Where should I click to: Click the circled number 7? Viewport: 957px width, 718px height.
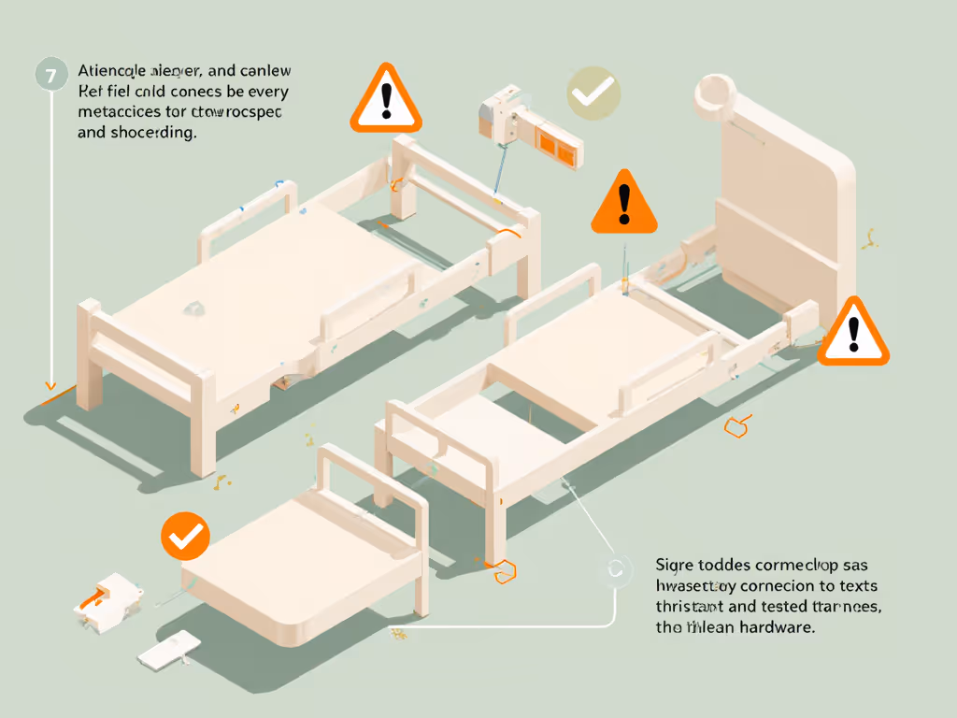point(51,74)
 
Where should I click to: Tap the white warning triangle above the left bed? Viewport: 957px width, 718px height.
point(386,100)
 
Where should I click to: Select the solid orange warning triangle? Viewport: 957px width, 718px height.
point(624,204)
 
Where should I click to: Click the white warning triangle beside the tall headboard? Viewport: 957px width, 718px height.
point(853,333)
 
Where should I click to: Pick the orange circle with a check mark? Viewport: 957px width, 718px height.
point(185,536)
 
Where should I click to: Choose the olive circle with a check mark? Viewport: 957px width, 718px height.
point(593,93)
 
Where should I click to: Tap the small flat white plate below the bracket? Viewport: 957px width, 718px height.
point(168,648)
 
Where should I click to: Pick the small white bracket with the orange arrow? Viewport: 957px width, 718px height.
point(107,599)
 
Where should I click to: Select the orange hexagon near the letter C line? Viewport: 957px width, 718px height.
point(505,570)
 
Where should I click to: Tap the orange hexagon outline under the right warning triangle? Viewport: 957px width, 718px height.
point(738,427)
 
